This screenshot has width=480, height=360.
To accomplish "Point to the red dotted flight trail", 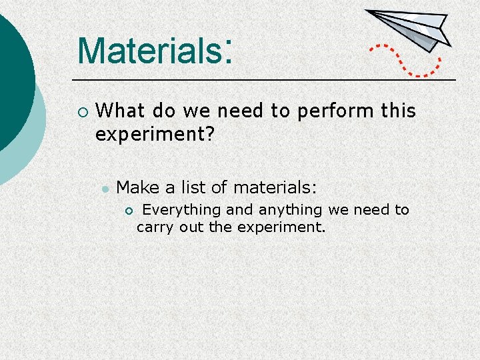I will pyautogui.click(x=407, y=61).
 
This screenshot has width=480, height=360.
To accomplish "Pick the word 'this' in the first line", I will pyautogui.click(x=399, y=111).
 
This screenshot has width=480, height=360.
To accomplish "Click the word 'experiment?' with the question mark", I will pyautogui.click(x=155, y=135).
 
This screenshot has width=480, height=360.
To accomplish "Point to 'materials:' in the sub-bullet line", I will pyautogui.click(x=275, y=188).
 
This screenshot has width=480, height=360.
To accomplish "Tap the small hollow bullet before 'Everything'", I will pyautogui.click(x=129, y=211).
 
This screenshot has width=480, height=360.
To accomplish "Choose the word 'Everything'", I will pyautogui.click(x=181, y=210).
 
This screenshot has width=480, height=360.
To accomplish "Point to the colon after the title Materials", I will pyautogui.click(x=228, y=48).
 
